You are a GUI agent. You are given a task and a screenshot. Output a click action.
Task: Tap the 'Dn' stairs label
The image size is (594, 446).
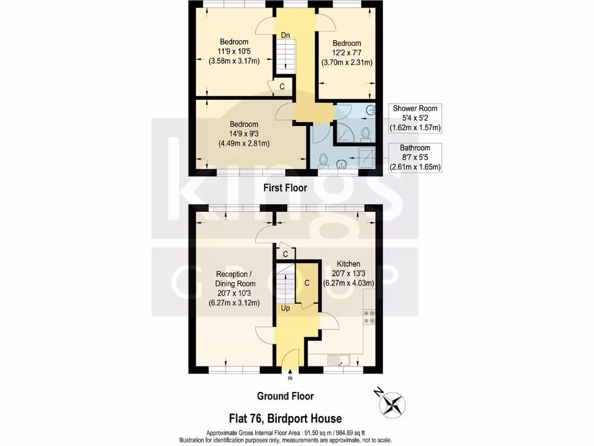tap(285, 35)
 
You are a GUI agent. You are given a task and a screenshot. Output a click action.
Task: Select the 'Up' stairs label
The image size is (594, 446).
tap(285, 308)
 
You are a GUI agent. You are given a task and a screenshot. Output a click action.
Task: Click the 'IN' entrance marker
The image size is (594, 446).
tap(290, 379)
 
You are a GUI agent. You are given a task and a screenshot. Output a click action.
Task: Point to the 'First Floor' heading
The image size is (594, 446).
tap(285, 188)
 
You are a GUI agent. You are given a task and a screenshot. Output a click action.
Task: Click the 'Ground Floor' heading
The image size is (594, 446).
tap(285, 396)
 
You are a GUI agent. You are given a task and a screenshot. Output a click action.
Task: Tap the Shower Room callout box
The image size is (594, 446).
tap(415, 118)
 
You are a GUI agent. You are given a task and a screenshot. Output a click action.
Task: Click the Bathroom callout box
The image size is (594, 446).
tap(415, 157)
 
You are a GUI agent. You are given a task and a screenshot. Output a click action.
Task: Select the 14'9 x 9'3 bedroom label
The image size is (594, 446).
tap(244, 134)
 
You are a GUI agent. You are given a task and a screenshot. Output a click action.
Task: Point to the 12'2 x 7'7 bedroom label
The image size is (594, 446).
tap(346, 53)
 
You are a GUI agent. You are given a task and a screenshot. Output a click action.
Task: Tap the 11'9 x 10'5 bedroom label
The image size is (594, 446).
tap(234, 51)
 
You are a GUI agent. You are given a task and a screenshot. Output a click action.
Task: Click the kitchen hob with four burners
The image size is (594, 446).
tap(369, 316)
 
